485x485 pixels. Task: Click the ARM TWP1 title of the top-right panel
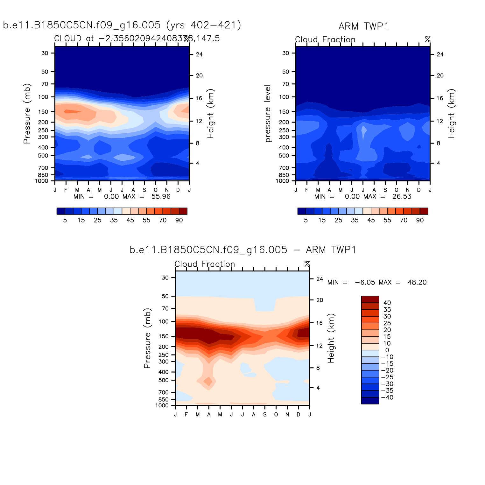click(363, 26)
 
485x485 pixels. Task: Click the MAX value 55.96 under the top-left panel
click(161, 196)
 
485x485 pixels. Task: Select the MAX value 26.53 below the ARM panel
click(402, 196)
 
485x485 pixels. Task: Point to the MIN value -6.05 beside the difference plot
click(365, 282)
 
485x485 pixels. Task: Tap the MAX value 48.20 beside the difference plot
click(417, 282)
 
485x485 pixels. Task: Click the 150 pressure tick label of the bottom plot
click(164, 336)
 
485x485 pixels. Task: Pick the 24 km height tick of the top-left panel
click(199, 54)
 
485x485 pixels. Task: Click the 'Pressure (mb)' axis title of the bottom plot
click(147, 338)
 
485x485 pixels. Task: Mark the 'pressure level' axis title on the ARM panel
click(268, 113)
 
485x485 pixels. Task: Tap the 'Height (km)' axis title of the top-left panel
click(211, 113)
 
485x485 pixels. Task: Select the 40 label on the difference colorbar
click(387, 303)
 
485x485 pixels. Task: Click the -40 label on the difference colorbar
click(387, 397)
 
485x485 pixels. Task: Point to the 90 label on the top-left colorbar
click(179, 220)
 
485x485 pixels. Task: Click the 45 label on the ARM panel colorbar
click(371, 220)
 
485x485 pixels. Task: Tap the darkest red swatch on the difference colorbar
click(370, 299)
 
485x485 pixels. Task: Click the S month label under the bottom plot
click(265, 414)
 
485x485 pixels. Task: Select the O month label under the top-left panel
click(156, 190)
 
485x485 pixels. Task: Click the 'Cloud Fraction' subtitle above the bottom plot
click(205, 264)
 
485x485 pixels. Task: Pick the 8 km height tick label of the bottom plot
click(318, 368)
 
